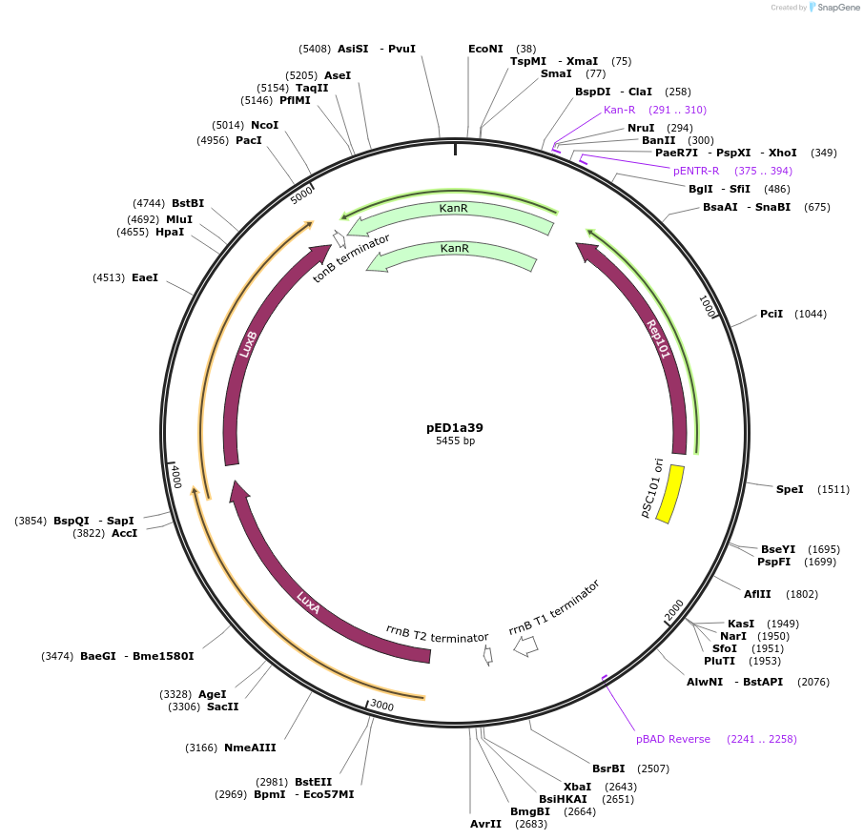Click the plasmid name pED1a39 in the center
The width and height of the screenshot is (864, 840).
455,427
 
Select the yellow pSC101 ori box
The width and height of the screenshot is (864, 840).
671,494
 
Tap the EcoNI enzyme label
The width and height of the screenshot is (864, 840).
485,49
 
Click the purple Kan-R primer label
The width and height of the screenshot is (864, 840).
619,110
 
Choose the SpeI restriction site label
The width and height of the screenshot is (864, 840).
790,489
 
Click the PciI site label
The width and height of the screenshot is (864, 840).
771,314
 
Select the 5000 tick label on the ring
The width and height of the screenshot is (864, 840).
302,195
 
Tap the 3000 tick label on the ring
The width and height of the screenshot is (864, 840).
381,705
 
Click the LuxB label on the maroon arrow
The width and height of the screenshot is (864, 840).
249,343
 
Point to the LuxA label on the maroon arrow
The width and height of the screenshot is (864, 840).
308,601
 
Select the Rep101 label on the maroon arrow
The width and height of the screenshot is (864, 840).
658,338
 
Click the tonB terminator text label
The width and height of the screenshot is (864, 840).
351,258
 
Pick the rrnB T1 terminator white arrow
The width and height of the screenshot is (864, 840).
525,645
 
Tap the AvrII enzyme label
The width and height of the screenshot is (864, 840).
485,824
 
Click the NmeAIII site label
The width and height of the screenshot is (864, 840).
250,748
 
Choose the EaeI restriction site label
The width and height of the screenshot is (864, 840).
145,277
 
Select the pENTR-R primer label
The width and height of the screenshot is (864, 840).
696,171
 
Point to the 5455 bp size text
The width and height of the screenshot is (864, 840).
455,440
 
